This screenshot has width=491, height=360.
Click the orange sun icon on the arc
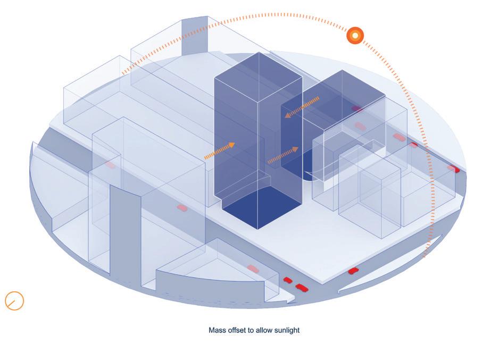tap(355, 36)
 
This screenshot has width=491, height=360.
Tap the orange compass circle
tap(14, 300)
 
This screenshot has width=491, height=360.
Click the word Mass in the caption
tap(217, 330)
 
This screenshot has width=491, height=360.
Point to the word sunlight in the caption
tap(286, 330)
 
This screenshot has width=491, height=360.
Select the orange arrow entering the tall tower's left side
tap(219, 151)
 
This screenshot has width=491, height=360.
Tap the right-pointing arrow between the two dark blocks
tap(282, 155)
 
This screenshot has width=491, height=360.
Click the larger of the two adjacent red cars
tap(302, 288)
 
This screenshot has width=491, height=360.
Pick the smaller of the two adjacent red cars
tap(288, 280)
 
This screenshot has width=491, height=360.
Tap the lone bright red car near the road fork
tap(353, 271)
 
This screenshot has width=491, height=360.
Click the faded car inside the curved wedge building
tap(253, 269)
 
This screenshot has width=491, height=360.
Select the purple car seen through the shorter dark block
tap(357, 108)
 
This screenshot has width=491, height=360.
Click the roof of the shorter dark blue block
tap(340, 88)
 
